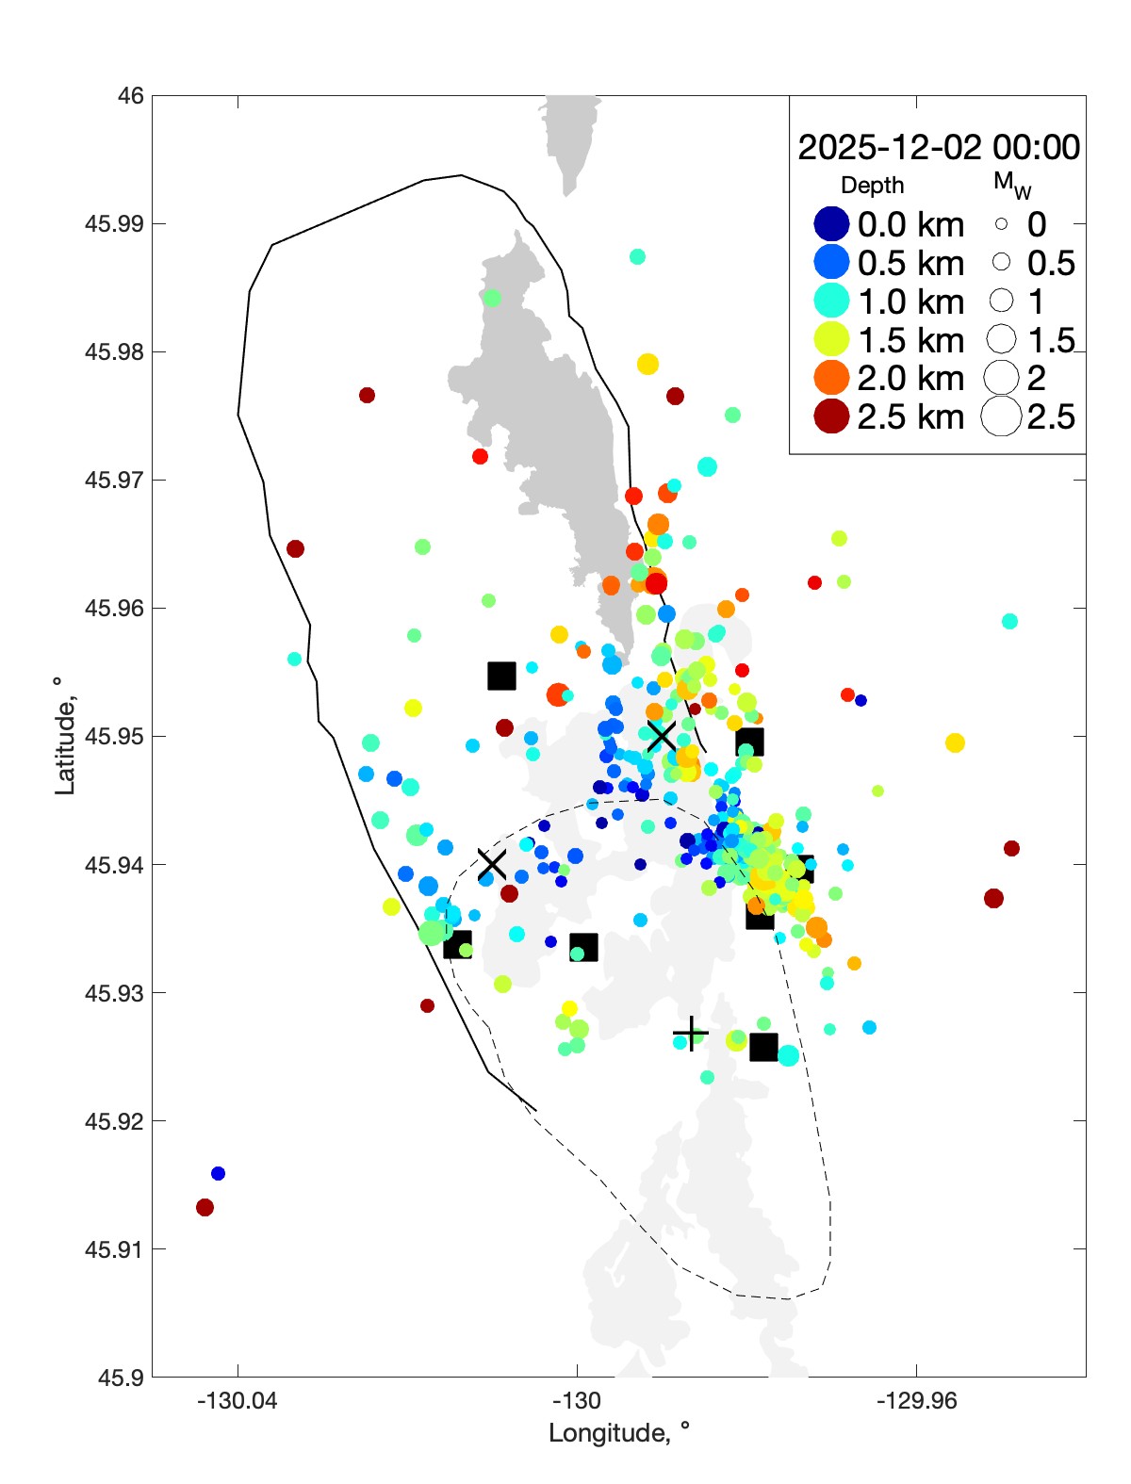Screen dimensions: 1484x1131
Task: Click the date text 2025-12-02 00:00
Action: [939, 148]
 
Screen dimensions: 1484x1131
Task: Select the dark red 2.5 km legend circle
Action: [831, 416]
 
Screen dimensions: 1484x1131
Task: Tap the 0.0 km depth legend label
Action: [910, 225]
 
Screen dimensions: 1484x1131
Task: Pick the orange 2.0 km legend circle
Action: [831, 378]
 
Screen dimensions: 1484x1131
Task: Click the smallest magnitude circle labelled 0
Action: [1001, 224]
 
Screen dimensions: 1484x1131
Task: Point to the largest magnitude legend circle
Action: [1001, 416]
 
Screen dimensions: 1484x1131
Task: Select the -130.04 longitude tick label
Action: [238, 1401]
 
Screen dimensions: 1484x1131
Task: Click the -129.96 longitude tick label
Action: [916, 1401]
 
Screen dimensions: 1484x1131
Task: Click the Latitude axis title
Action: [64, 736]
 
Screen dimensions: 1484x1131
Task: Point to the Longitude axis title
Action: [619, 1433]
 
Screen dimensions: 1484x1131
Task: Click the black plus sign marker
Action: [692, 1034]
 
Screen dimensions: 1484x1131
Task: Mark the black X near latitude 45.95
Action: [661, 736]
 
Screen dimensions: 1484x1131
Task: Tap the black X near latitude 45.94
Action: [492, 863]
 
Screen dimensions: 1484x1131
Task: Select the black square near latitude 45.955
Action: [501, 676]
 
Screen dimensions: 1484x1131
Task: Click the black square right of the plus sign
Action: [763, 1047]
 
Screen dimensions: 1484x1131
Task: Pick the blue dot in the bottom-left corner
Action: [218, 1173]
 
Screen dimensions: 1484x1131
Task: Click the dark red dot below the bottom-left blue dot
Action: [205, 1207]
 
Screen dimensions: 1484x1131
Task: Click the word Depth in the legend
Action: [872, 186]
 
